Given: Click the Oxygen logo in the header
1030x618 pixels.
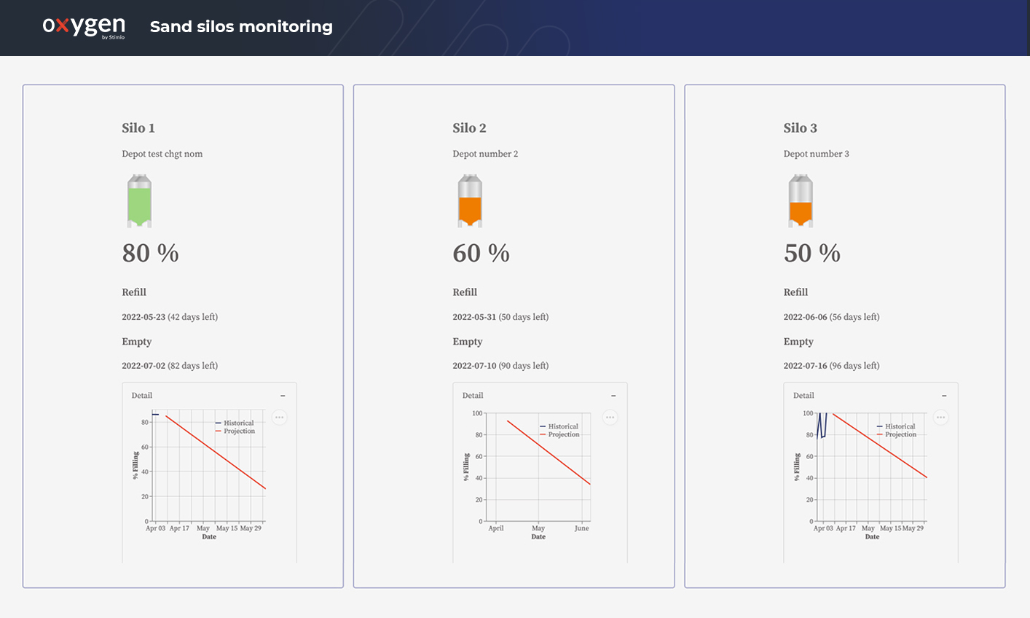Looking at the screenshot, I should tap(83, 26).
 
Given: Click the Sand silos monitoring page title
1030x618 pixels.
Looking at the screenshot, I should tap(241, 27).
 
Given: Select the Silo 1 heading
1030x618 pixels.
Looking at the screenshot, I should tap(138, 128).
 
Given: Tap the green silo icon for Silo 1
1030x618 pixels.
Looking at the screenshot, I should tap(139, 201).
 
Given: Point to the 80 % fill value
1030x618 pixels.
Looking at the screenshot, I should tap(151, 254).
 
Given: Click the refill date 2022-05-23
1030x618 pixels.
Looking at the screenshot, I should tap(144, 317).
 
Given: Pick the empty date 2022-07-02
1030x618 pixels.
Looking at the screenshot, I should tap(144, 366).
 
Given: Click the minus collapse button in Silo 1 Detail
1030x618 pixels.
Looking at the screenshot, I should tap(283, 396).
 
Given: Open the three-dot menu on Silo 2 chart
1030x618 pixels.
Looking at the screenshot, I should tap(610, 418).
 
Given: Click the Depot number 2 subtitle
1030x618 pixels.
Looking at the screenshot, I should tap(485, 154).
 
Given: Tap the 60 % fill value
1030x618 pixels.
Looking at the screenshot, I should tap(481, 254).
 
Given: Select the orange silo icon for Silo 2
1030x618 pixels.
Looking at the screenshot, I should tap(470, 201).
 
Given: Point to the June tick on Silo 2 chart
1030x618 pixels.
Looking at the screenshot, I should tap(581, 528).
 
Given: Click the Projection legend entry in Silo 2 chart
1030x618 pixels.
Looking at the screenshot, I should tap(563, 435).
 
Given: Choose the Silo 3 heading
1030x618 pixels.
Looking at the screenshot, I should tap(800, 128).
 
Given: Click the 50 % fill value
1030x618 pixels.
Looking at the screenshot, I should tap(812, 254).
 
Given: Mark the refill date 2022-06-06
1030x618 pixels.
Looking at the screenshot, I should tap(805, 317).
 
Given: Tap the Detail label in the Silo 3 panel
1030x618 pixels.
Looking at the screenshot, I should tap(803, 396).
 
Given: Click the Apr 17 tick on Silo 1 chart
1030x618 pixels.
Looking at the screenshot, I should tap(179, 528).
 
